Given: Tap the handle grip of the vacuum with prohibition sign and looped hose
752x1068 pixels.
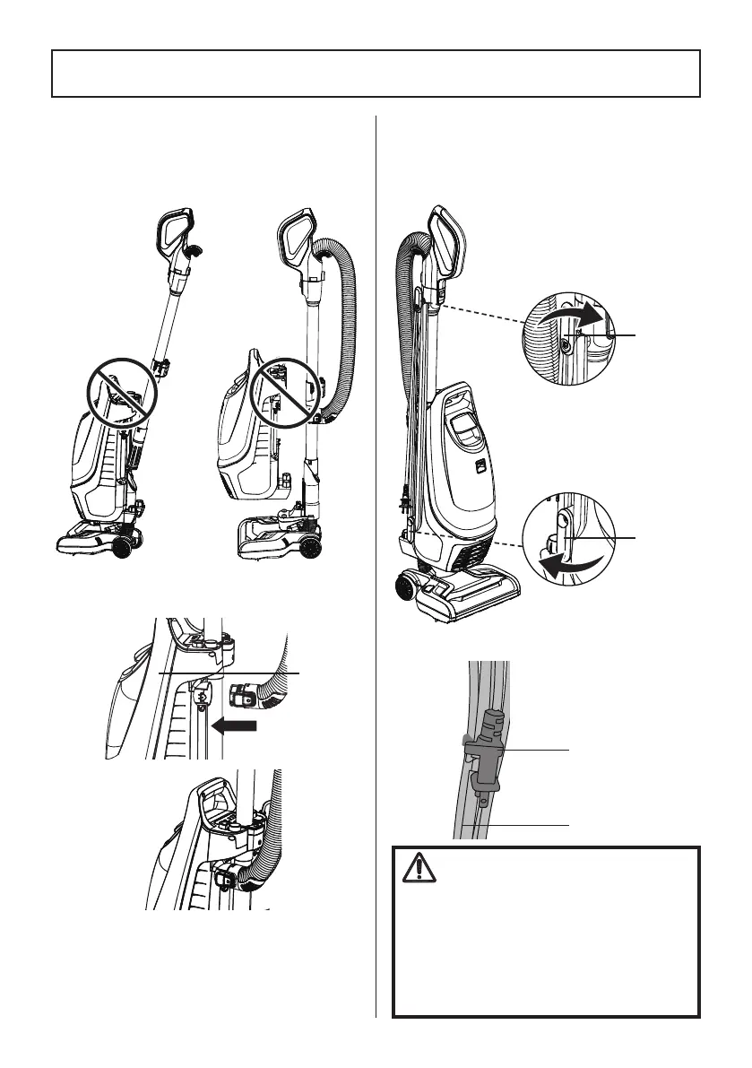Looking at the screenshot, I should (298, 232).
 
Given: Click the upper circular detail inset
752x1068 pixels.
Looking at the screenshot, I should (568, 340).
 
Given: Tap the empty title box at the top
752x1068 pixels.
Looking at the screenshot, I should (376, 73).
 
